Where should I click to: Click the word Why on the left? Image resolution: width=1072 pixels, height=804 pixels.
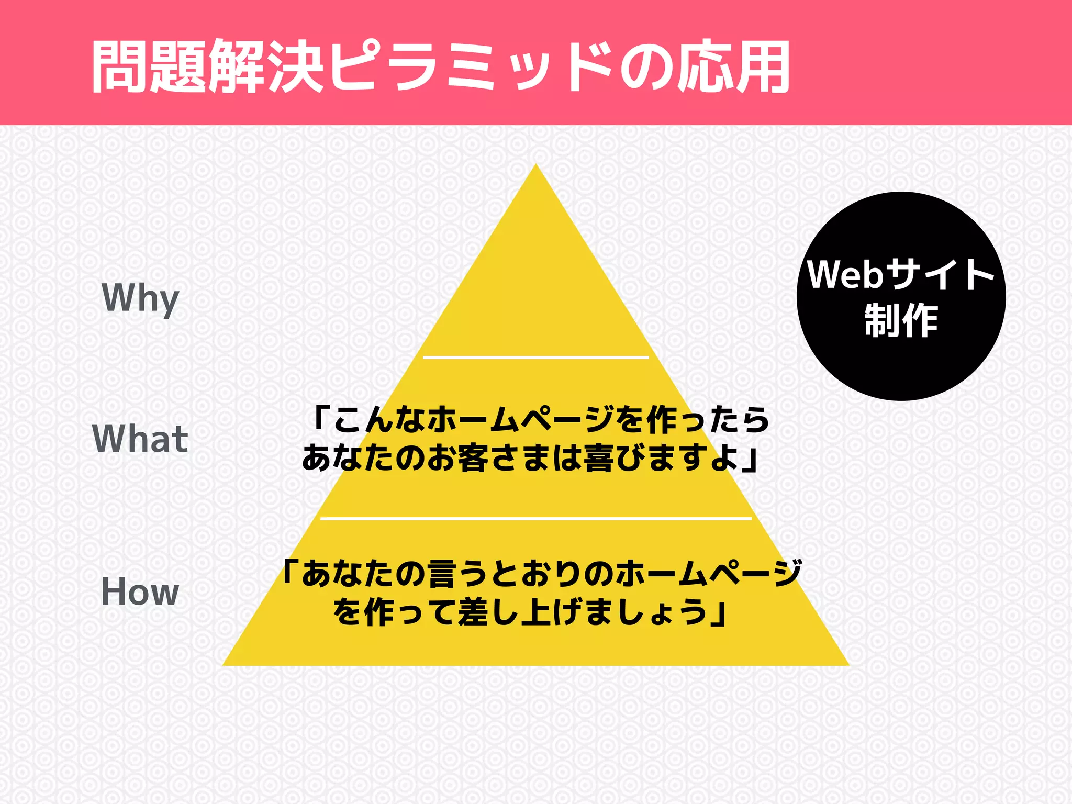[x=140, y=298]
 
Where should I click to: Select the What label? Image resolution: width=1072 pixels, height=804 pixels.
[x=140, y=439]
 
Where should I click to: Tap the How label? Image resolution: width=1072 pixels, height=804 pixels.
[x=140, y=592]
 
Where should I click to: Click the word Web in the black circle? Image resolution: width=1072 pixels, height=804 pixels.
[x=845, y=274]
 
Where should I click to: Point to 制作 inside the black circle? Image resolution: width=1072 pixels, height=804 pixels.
[x=901, y=320]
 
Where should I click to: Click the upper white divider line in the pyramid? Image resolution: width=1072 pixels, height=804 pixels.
[x=535, y=358]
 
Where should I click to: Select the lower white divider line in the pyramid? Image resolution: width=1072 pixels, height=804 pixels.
[x=535, y=519]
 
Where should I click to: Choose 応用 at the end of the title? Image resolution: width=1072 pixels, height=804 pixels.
[x=733, y=66]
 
